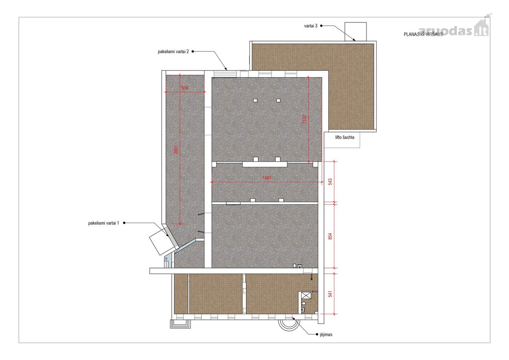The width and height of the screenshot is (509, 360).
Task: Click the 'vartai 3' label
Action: pyautogui.click(x=310, y=26)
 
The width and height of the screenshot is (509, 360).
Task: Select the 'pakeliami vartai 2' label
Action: pyautogui.click(x=173, y=52)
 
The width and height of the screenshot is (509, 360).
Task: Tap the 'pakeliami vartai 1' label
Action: pyautogui.click(x=103, y=223)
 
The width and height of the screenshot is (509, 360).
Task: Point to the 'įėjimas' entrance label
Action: pyautogui.click(x=326, y=334)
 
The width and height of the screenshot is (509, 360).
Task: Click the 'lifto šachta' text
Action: pyautogui.click(x=345, y=137)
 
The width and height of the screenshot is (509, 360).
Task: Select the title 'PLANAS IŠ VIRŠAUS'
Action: pyautogui.click(x=423, y=34)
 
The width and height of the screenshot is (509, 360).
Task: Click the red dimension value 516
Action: pyautogui.click(x=185, y=88)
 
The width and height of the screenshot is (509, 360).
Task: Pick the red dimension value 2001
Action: pyautogui.click(x=176, y=149)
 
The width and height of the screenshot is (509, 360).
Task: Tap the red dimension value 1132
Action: pyautogui.click(x=305, y=120)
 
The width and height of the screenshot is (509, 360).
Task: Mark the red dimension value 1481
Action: pyautogui.click(x=267, y=178)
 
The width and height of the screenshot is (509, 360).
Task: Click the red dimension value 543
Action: pyautogui.click(x=330, y=182)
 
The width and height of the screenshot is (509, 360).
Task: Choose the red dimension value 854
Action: pyautogui.click(x=330, y=236)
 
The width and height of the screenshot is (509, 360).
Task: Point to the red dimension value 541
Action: pyautogui.click(x=330, y=294)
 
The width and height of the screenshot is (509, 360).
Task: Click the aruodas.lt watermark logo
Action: pyautogui.click(x=454, y=29)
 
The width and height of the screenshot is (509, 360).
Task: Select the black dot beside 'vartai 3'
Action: pyautogui.click(x=322, y=26)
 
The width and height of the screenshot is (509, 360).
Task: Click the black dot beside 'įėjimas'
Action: pyautogui.click(x=317, y=334)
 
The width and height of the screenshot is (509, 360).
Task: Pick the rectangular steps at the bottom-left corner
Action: pyautogui.click(x=180, y=324)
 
